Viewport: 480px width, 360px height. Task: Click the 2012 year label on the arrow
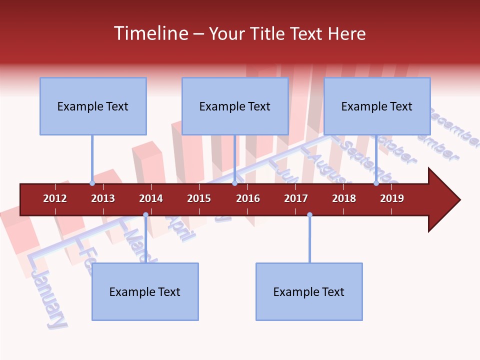click(x=55, y=198)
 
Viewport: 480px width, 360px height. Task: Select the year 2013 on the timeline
click(x=103, y=198)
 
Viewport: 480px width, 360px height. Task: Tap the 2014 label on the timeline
click(x=151, y=198)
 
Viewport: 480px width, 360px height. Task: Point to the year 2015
click(x=199, y=198)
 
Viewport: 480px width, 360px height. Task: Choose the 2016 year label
click(x=248, y=198)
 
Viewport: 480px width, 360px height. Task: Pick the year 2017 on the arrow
click(x=296, y=198)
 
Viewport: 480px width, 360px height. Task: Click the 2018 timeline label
click(x=344, y=198)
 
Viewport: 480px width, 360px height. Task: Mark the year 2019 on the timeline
click(x=392, y=198)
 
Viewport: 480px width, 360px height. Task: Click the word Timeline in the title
click(x=149, y=33)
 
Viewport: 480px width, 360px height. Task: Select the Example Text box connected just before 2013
click(x=93, y=106)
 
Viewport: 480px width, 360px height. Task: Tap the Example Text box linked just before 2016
click(x=235, y=106)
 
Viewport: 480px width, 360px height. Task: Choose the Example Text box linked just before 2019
click(x=377, y=106)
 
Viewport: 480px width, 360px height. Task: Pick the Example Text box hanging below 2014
click(x=145, y=291)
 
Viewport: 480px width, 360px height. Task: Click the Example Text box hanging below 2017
click(x=309, y=291)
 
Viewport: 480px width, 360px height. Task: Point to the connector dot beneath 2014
click(x=145, y=215)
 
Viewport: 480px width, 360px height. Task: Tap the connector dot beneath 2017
click(x=309, y=215)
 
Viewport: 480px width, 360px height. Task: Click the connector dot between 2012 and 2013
click(x=92, y=183)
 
